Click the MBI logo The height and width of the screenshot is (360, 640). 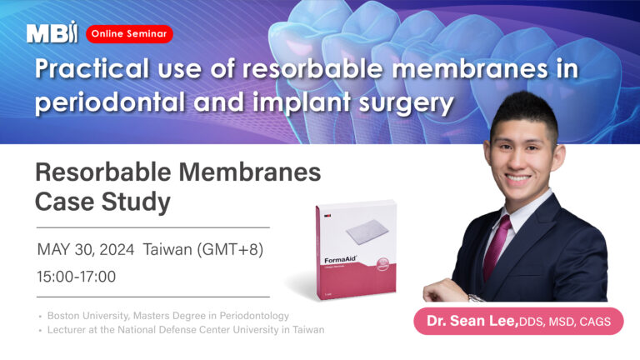(52, 32)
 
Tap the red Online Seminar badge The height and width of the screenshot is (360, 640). (129, 33)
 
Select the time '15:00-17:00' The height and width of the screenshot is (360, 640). (77, 276)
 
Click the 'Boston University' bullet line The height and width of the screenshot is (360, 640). (167, 316)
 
